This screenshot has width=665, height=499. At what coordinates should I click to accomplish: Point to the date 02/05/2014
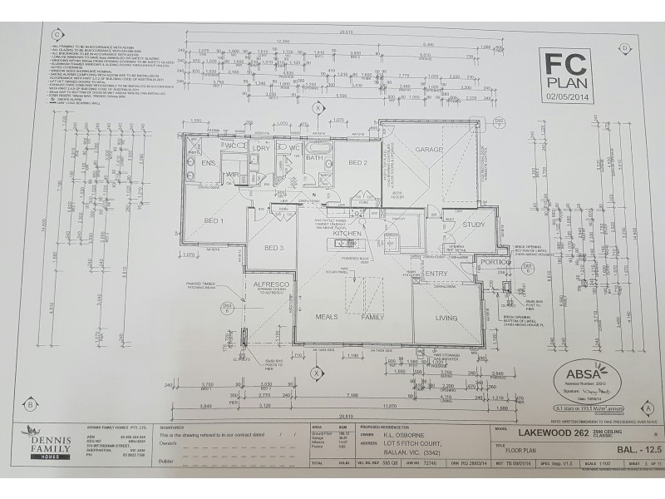(568, 96)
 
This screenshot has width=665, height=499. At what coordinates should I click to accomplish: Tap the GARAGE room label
(430, 150)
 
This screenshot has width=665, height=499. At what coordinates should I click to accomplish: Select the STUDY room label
(474, 225)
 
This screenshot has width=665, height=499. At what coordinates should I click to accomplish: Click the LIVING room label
(446, 318)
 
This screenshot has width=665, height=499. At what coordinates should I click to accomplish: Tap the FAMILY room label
(372, 318)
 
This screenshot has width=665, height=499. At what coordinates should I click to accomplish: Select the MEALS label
(324, 318)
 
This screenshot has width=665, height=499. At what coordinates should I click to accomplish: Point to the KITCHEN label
(347, 235)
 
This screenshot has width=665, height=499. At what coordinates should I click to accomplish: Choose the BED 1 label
(214, 220)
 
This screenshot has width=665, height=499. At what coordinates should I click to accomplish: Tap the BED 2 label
(357, 162)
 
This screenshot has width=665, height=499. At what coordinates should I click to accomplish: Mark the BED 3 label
(274, 248)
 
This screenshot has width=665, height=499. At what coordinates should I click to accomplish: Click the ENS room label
(208, 164)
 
